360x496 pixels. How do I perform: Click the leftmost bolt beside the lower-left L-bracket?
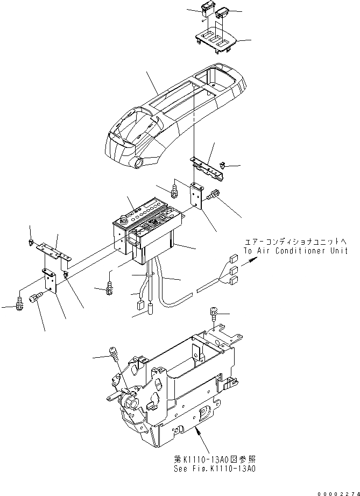coord(20,304)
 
